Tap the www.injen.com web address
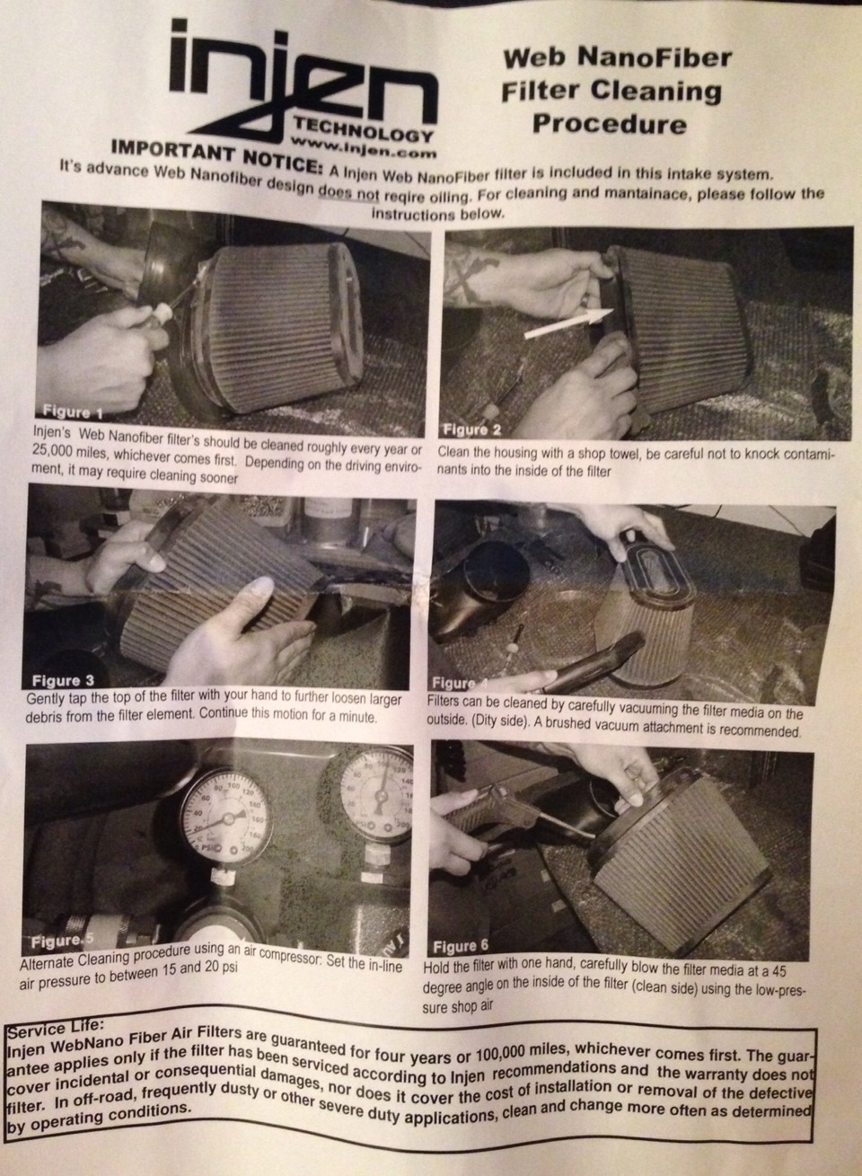363,147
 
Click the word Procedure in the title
610,124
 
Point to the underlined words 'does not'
349,194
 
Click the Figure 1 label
73,411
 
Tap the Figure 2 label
472,429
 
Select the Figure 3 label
63,680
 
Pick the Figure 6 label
460,946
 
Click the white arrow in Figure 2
568,323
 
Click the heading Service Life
56,1027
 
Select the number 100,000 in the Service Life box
508,1054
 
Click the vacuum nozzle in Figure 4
593,662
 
